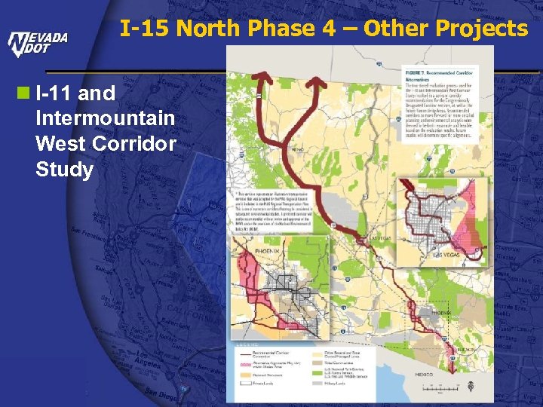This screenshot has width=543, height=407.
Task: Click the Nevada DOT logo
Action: click(38, 44)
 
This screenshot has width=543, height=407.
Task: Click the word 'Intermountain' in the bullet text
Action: click(105, 119)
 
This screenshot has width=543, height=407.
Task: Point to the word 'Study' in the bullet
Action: click(64, 170)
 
